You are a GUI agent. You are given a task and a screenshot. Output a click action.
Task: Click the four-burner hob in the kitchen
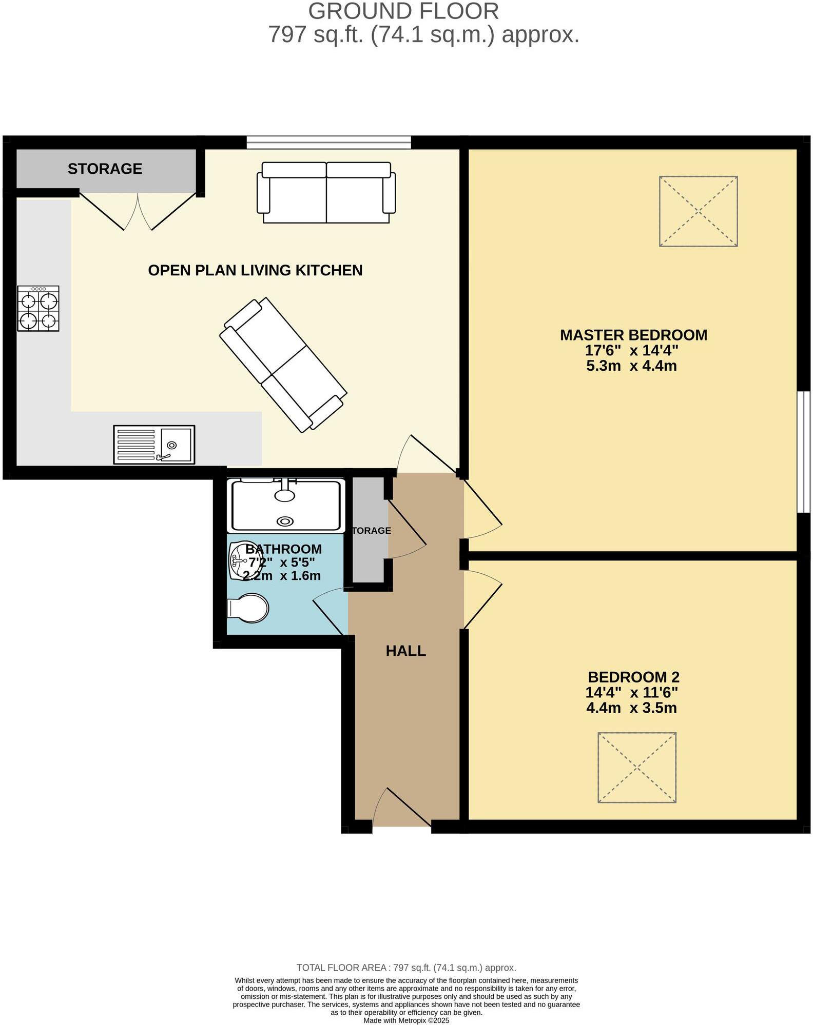pyautogui.click(x=38, y=309)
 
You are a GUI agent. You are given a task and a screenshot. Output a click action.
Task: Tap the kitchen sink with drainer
pyautogui.click(x=154, y=445)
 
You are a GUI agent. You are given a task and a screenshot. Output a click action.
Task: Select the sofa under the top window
pyautogui.click(x=326, y=193)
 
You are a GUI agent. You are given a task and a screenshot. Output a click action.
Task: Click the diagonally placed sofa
pyautogui.click(x=283, y=364)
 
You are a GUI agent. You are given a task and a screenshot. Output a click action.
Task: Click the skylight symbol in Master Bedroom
pyautogui.click(x=698, y=211)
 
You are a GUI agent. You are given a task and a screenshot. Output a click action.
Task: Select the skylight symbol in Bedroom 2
pyautogui.click(x=636, y=768)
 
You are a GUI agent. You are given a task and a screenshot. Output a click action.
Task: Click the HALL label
pyautogui.click(x=405, y=651)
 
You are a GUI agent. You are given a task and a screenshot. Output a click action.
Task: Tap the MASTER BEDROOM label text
pyautogui.click(x=633, y=335)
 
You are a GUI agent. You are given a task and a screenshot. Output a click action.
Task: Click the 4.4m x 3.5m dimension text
pyautogui.click(x=631, y=708)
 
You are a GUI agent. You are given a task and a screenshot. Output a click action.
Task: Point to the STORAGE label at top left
pyautogui.click(x=105, y=169)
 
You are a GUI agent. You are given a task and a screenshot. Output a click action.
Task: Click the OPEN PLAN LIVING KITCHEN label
pyautogui.click(x=255, y=270)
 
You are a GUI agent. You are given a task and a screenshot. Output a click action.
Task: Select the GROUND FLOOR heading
pyautogui.click(x=403, y=11)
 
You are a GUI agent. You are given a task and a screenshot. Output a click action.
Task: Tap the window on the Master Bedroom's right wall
pyautogui.click(x=803, y=452)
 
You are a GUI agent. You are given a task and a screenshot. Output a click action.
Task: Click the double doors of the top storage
pyautogui.click(x=138, y=211)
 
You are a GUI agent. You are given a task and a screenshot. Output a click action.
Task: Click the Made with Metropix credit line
pyautogui.click(x=406, y=1020)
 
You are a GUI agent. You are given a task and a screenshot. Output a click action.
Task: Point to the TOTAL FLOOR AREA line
pyautogui.click(x=406, y=968)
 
